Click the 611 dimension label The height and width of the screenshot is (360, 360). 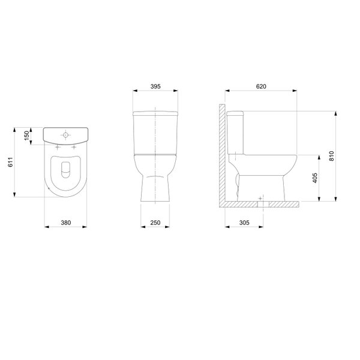(x=11, y=162)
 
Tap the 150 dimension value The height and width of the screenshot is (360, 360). (x=26, y=136)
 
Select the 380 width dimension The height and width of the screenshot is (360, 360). (x=66, y=223)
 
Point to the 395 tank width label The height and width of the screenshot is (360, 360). (x=155, y=86)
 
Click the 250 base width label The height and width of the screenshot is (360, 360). (x=155, y=223)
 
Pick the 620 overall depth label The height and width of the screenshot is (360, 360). (x=261, y=86)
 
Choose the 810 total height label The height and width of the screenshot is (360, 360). (x=332, y=156)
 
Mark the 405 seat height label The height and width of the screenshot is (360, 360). (x=315, y=178)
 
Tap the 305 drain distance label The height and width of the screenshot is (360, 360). (x=244, y=223)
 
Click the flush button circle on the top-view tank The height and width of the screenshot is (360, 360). (x=65, y=135)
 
